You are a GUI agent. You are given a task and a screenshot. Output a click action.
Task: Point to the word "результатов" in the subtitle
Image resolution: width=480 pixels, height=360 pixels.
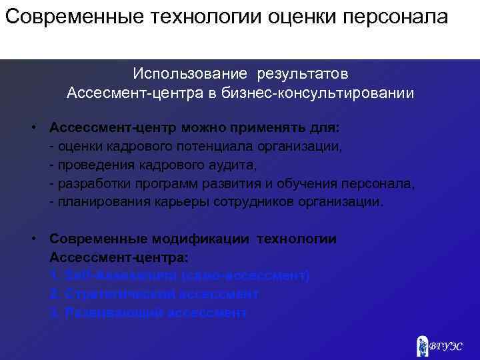pos(311,72)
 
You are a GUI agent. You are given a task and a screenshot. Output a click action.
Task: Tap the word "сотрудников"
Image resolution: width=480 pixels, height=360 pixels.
pos(255,201)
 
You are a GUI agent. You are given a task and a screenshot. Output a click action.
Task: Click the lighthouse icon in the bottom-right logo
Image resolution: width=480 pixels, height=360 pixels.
pos(421,345)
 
